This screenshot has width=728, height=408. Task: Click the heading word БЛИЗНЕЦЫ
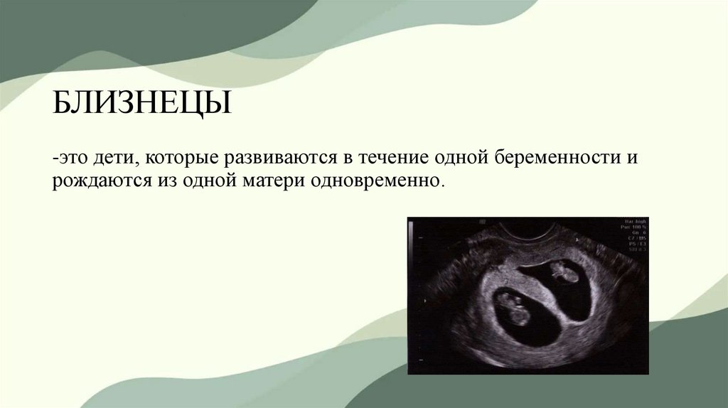coord(141,106)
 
